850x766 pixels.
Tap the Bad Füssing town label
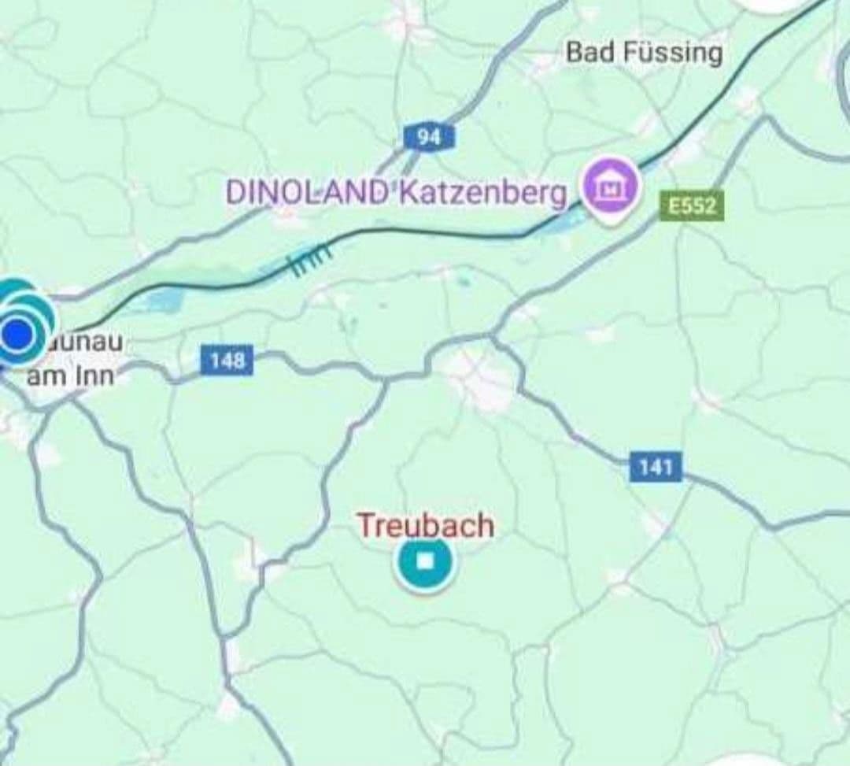point(643,53)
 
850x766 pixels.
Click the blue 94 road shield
point(428,137)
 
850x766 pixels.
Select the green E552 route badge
point(691,206)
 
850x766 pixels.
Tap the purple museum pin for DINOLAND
point(610,188)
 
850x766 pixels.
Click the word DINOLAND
point(308,192)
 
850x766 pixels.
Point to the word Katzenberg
point(482,192)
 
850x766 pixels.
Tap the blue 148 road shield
point(227,361)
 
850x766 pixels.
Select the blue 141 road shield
point(656,468)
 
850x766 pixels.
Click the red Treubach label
point(426,525)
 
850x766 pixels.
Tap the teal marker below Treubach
point(425,562)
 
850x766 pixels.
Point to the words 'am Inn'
point(70,376)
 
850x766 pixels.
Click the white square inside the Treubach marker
point(425,562)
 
